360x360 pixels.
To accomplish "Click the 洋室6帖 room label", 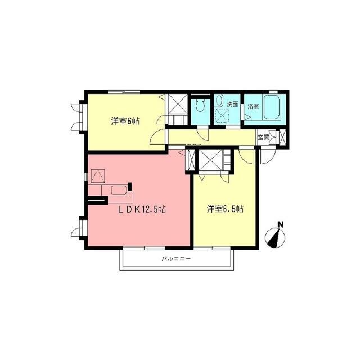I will tap(124, 121).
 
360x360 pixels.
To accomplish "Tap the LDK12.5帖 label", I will tap(141, 209).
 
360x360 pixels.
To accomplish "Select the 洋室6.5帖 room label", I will tap(224, 209).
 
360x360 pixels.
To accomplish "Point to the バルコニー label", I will tap(176, 259).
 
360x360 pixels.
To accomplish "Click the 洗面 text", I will tap(232, 104).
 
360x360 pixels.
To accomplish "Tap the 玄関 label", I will tap(263, 137).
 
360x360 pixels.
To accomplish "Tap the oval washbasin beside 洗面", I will tap(219, 101).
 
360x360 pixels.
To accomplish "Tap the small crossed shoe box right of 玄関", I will tap(282, 137).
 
